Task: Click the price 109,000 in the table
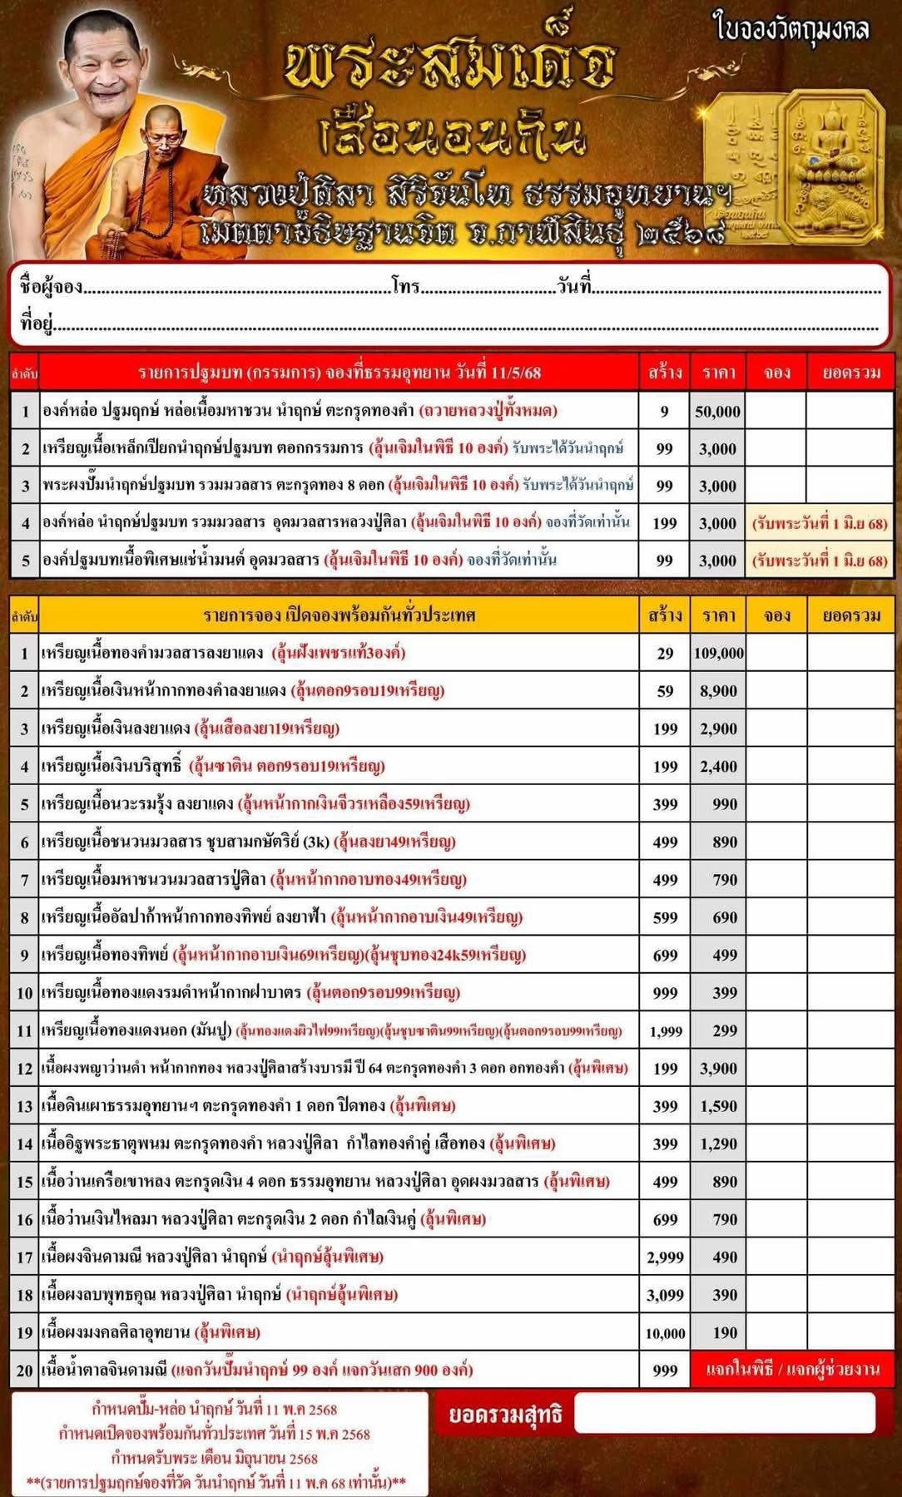click(x=718, y=654)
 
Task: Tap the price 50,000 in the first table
click(x=718, y=411)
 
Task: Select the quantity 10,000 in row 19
click(x=665, y=1333)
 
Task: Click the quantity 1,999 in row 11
click(x=665, y=1031)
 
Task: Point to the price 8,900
click(x=718, y=691)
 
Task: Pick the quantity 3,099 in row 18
click(x=665, y=1295)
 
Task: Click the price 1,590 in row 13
click(x=718, y=1106)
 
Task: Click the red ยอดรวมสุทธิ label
click(x=505, y=1415)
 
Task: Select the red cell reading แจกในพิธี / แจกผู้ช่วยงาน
click(x=790, y=1370)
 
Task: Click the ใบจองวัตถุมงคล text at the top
click(x=791, y=29)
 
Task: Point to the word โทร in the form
click(x=406, y=287)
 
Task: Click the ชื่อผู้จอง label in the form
click(x=52, y=287)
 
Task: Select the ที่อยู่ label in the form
click(x=37, y=323)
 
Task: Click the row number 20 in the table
click(x=24, y=1371)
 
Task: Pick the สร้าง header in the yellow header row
click(x=665, y=615)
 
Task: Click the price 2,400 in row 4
click(x=718, y=767)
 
